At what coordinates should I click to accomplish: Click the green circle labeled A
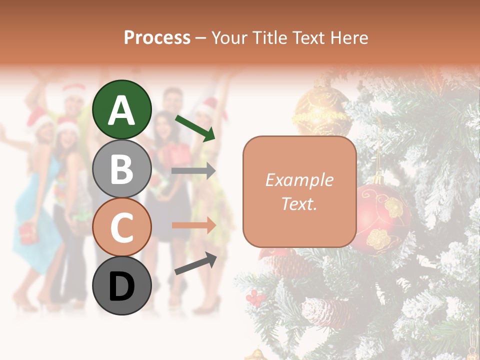122,109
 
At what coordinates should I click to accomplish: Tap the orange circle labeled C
122,227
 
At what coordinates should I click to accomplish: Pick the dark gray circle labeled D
122,285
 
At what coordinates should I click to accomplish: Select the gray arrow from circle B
193,171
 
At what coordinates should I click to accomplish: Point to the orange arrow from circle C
193,225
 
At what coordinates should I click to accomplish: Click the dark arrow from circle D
195,263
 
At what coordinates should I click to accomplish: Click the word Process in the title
157,37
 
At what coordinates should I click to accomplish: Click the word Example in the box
299,180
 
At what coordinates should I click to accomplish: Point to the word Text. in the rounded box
299,204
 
